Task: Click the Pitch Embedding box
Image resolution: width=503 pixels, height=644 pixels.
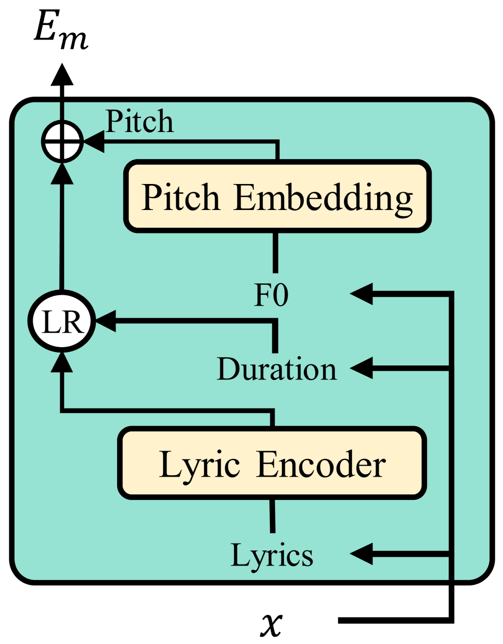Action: point(277,196)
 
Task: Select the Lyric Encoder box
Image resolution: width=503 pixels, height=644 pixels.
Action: point(272,464)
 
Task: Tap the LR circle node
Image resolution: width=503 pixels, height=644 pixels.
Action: point(62,322)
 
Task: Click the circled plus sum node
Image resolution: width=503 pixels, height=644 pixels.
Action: point(62,141)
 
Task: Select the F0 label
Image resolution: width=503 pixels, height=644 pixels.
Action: point(271,295)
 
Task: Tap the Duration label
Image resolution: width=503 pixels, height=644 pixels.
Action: point(276,369)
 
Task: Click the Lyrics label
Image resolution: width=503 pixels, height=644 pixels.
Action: point(272,555)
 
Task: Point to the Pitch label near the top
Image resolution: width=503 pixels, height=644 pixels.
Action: point(139,122)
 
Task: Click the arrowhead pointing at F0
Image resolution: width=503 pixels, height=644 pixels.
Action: point(362,294)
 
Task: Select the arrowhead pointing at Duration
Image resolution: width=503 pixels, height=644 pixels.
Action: point(362,369)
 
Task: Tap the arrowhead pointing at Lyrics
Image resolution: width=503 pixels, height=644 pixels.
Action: point(362,554)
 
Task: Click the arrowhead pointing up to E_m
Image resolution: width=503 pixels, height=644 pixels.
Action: point(62,74)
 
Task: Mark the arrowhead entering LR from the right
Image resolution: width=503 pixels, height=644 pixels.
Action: point(106,321)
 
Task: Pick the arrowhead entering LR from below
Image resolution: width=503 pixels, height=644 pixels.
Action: point(62,363)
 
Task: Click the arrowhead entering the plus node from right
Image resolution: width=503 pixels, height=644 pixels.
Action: point(94,141)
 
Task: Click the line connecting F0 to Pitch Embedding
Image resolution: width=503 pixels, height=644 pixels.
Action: point(276,252)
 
